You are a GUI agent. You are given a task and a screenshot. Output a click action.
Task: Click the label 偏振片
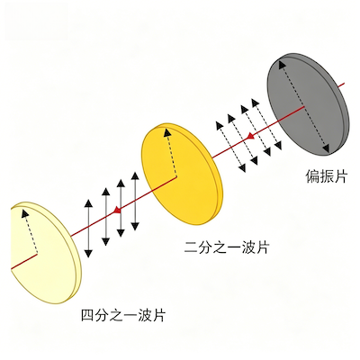[327, 176]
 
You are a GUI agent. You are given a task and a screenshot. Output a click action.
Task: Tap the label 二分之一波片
[227, 248]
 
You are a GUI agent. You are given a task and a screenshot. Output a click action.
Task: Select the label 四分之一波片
[123, 316]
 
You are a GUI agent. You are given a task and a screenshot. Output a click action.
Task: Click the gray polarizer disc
[308, 104]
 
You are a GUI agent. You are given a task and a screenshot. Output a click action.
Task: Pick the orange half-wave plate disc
[183, 174]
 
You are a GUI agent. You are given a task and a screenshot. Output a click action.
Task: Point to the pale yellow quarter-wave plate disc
[45, 253]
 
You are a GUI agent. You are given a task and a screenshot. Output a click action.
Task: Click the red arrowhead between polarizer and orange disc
[250, 137]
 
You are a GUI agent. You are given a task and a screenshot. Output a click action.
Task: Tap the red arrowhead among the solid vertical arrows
[117, 210]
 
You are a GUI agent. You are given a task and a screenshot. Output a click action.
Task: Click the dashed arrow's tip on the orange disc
[166, 130]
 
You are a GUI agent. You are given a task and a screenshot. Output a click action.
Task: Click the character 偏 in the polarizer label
[312, 176]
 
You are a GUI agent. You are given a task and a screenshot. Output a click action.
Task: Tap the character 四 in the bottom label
[88, 316]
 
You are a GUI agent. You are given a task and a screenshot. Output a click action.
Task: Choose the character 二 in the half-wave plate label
[192, 248]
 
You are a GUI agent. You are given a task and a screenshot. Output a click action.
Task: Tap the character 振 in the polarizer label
[327, 176]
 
